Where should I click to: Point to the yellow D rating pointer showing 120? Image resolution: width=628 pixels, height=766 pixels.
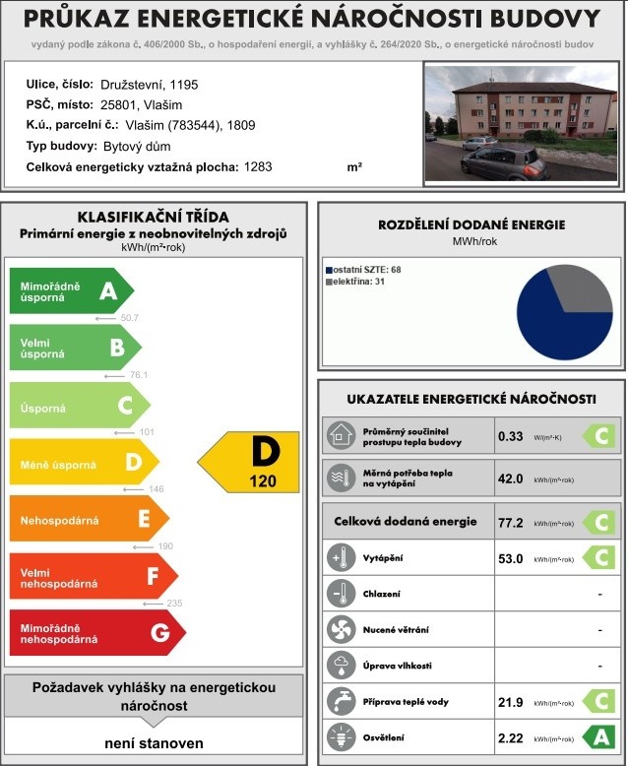pyautogui.click(x=250, y=461)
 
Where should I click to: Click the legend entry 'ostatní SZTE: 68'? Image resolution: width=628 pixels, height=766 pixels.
pyautogui.click(x=365, y=269)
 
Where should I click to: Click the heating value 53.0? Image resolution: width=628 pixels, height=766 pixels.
pyautogui.click(x=510, y=559)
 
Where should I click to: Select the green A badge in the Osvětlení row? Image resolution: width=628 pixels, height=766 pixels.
pyautogui.click(x=597, y=737)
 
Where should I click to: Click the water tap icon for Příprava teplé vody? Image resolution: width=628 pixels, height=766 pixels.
pyautogui.click(x=339, y=702)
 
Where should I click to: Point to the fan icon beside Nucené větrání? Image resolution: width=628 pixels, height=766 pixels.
pyautogui.click(x=339, y=630)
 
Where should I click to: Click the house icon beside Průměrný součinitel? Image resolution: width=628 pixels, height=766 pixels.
pyautogui.click(x=339, y=435)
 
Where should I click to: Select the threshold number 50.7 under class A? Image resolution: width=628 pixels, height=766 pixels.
pyautogui.click(x=129, y=318)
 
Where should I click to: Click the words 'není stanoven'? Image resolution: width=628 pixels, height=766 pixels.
pyautogui.click(x=154, y=742)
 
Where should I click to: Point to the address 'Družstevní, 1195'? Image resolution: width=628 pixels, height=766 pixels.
pyautogui.click(x=147, y=84)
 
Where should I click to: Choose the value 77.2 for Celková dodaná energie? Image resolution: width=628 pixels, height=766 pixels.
pyautogui.click(x=510, y=522)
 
